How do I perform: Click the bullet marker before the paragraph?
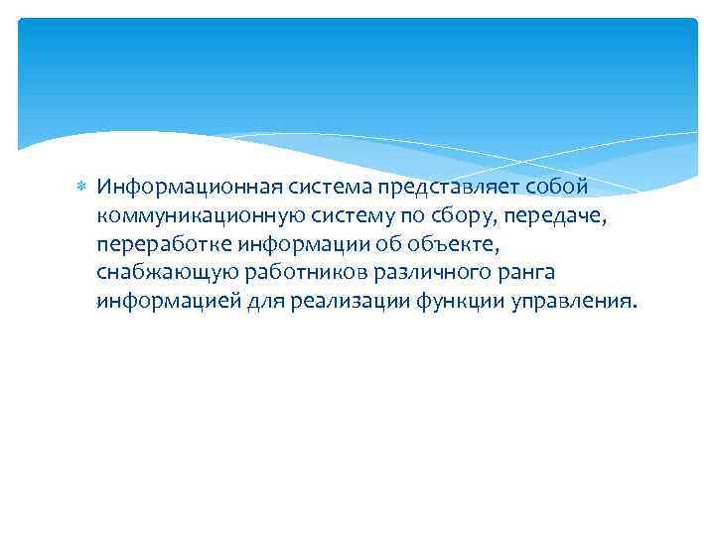pyautogui.click(x=82, y=187)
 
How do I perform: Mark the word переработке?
pyautogui.click(x=162, y=243)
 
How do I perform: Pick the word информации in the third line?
pyautogui.click(x=295, y=243)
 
